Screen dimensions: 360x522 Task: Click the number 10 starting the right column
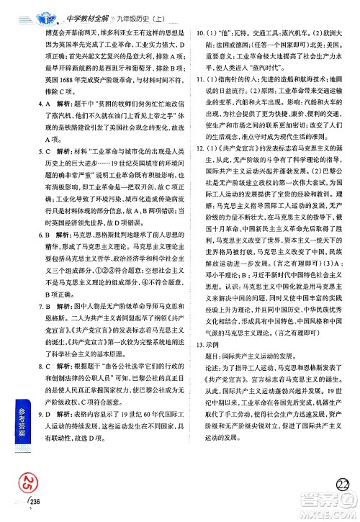click(x=201, y=32)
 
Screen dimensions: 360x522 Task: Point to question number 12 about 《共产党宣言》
click(x=201, y=189)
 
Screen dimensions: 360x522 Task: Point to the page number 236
click(x=34, y=512)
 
